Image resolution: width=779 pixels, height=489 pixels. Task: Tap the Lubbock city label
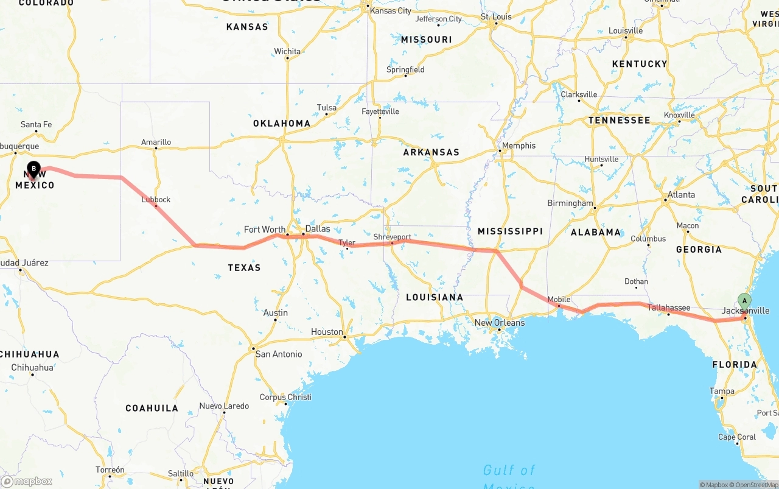(156, 199)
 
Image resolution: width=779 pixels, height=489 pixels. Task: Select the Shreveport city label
(392, 237)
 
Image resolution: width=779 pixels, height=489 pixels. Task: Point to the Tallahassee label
(668, 308)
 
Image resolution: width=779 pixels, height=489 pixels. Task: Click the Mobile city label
(559, 299)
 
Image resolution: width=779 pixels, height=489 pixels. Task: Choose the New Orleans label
(499, 323)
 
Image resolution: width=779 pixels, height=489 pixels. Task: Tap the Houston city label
(327, 332)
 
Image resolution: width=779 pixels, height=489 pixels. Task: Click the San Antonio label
(278, 354)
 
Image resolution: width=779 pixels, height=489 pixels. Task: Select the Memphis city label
(519, 146)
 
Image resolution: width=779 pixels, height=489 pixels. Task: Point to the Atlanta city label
(681, 195)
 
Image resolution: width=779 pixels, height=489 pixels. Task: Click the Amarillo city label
(156, 142)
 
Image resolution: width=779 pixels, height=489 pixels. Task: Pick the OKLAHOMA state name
(282, 123)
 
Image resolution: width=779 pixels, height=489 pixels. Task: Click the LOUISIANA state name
(435, 297)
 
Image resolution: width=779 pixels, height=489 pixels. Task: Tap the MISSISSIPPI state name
(510, 231)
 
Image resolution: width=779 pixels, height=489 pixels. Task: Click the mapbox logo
(27, 481)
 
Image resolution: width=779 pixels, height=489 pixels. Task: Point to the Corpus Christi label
(285, 397)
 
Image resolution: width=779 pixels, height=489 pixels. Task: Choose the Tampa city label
(722, 391)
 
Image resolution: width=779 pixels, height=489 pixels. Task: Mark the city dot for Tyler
(346, 248)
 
